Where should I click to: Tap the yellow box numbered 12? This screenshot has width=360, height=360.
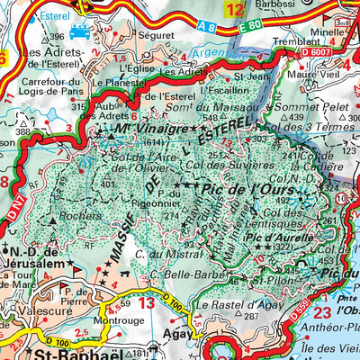coord(235,11)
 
